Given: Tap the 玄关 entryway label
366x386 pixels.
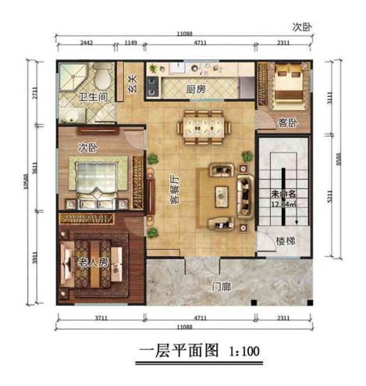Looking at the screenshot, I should (133, 81).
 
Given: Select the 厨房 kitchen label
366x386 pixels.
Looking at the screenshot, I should (196, 89).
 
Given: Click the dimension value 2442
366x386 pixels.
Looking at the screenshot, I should (87, 44).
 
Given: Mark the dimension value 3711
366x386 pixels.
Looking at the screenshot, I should (94, 319).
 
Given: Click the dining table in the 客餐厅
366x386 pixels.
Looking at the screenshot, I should (202, 125).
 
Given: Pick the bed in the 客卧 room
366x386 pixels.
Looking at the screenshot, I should (286, 84).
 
